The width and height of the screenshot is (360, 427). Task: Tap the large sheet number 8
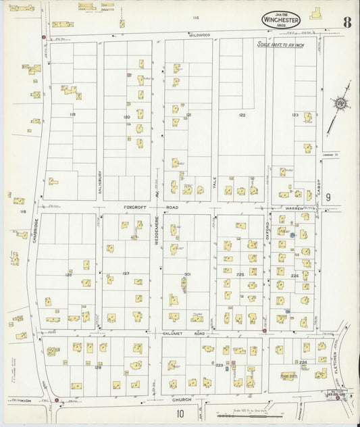point(346,21)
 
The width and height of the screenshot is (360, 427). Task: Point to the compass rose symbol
point(339,103)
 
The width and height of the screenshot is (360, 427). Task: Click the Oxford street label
point(268,226)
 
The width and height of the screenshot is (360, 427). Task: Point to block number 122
point(242,116)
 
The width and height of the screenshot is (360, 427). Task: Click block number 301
point(186,274)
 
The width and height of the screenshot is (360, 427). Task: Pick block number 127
point(126,273)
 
